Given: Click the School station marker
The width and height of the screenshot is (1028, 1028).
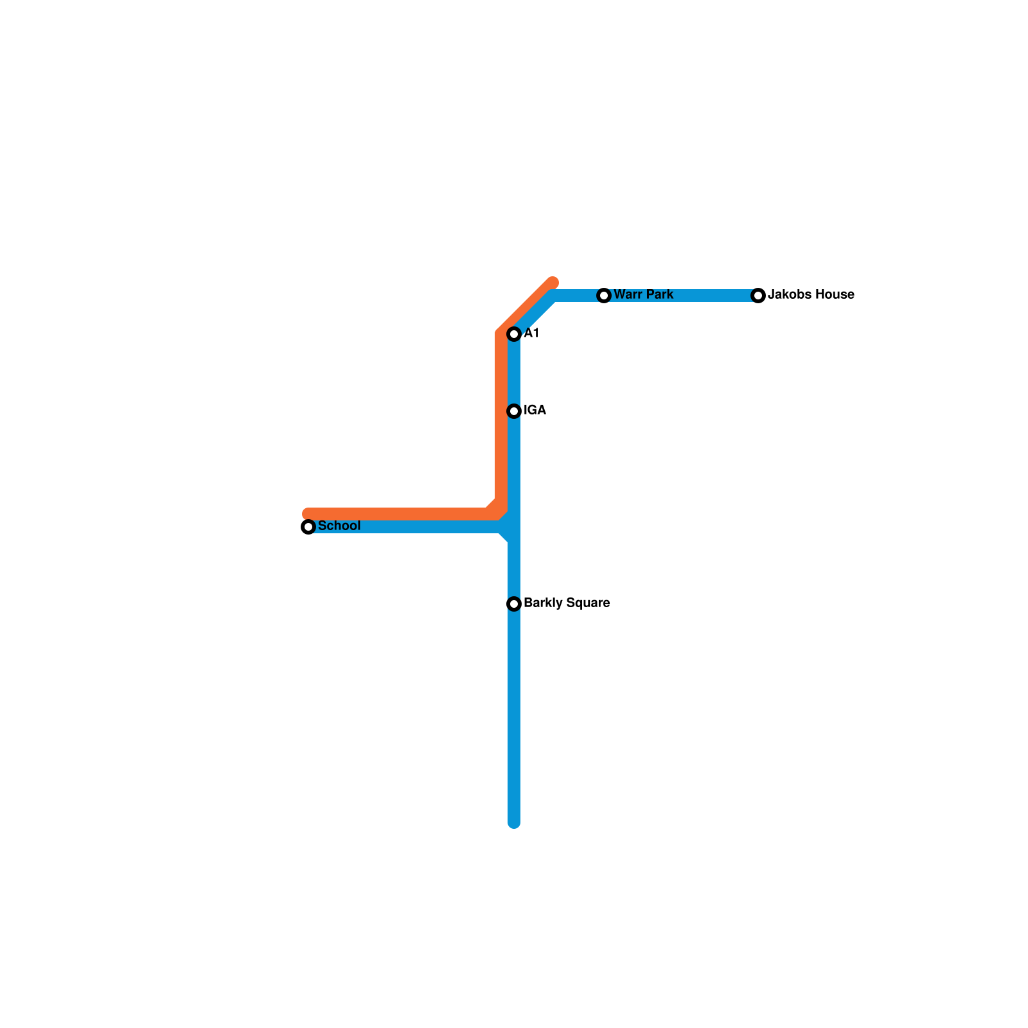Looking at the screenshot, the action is click(308, 527).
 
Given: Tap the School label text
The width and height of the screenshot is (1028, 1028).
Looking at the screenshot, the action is click(339, 526).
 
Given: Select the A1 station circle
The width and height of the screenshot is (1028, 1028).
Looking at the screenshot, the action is click(514, 334).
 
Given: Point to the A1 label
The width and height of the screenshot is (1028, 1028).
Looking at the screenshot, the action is click(531, 333).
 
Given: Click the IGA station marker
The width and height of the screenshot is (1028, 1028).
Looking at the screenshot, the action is click(514, 411).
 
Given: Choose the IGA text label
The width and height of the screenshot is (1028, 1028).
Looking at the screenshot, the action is click(535, 411).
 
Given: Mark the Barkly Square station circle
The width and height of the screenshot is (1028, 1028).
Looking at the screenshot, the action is click(514, 604).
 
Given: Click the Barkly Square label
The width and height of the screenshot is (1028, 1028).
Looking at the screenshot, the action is click(566, 603).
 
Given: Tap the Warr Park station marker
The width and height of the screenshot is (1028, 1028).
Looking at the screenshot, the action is click(604, 296).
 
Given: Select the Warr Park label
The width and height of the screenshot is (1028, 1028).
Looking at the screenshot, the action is click(643, 295).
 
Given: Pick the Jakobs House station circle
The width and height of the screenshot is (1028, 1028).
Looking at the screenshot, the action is click(758, 296).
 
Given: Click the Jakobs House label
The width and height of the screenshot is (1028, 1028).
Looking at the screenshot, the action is click(811, 295).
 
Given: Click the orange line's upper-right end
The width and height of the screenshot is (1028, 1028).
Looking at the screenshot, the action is click(553, 283).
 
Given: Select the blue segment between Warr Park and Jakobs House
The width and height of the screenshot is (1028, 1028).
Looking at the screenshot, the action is click(681, 296).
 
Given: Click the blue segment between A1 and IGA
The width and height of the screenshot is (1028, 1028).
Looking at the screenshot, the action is click(514, 373).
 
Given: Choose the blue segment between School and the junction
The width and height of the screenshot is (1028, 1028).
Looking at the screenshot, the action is click(411, 527).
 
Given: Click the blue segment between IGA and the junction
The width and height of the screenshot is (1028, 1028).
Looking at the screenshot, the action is click(514, 469).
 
